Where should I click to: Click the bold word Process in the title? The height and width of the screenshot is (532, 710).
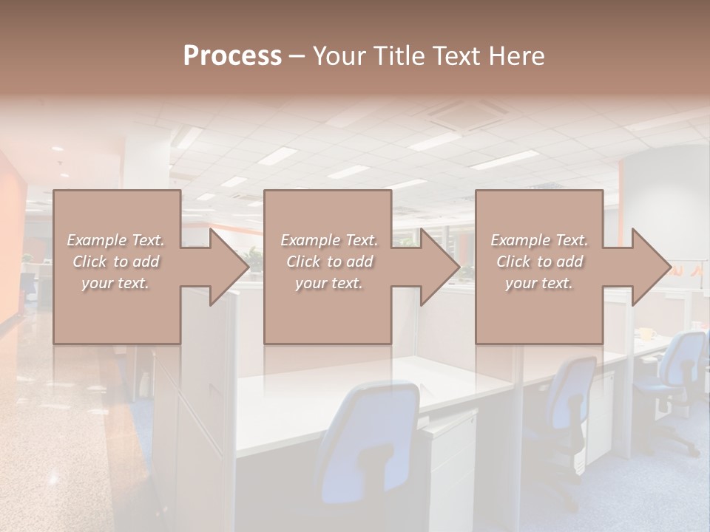232,56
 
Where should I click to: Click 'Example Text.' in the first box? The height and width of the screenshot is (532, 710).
115,240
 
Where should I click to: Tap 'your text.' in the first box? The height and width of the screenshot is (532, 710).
115,283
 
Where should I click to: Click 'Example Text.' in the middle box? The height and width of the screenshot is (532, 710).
329,240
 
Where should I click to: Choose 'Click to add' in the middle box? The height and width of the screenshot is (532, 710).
329,262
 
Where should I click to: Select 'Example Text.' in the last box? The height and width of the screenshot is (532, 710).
539,240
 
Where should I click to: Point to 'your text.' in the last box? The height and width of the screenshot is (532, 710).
539,283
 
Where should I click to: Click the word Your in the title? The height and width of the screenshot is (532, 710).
337,56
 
